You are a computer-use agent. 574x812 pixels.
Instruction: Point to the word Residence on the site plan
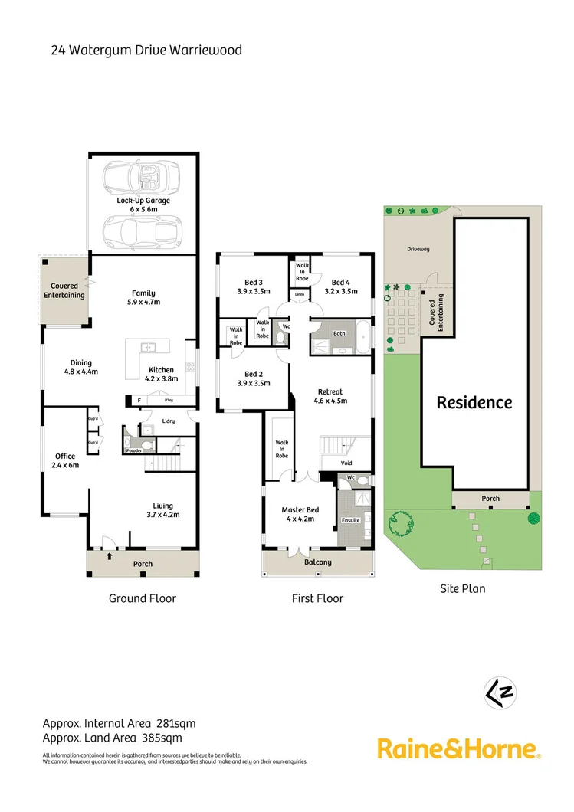(x=474, y=402)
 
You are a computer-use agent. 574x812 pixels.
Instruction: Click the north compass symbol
(x=499, y=692)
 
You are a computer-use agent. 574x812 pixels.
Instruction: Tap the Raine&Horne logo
(x=459, y=748)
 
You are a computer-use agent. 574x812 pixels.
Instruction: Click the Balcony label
(x=318, y=562)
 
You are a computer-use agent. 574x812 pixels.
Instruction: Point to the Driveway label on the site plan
(x=418, y=249)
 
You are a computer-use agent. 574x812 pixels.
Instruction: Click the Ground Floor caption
(x=143, y=598)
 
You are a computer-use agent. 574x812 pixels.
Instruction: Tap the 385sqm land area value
(x=162, y=738)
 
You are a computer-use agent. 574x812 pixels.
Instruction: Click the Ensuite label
(x=351, y=521)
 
